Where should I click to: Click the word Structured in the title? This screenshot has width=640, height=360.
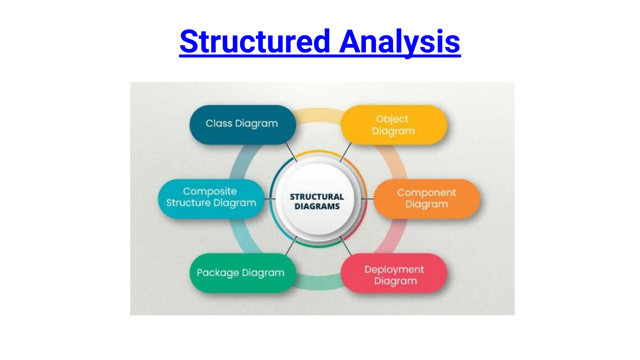pyautogui.click(x=255, y=41)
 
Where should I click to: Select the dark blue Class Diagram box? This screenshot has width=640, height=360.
pyautogui.click(x=242, y=124)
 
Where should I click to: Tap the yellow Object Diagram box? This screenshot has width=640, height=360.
pyautogui.click(x=393, y=125)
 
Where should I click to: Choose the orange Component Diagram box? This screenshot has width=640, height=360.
pyautogui.click(x=427, y=198)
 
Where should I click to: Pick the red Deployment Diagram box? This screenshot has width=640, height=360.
pyautogui.click(x=394, y=273)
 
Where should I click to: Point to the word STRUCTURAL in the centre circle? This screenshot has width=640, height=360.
pyautogui.click(x=317, y=197)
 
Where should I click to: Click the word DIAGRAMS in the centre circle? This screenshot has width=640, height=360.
pyautogui.click(x=317, y=207)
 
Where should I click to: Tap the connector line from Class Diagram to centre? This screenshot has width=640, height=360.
pyautogui.click(x=291, y=152)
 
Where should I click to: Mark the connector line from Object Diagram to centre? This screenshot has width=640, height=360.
pyautogui.click(x=346, y=152)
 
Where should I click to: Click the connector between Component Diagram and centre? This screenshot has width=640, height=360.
pyautogui.click(x=367, y=199)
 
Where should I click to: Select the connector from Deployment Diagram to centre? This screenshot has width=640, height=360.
pyautogui.click(x=346, y=246)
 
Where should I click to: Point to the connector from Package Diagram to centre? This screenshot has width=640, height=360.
pyautogui.click(x=291, y=246)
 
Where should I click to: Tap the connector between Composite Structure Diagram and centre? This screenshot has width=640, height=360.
pyautogui.click(x=270, y=199)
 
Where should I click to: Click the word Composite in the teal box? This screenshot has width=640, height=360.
pyautogui.click(x=210, y=191)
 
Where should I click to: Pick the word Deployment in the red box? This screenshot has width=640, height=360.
pyautogui.click(x=394, y=269)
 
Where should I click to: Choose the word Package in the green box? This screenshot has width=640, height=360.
pyautogui.click(x=218, y=273)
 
